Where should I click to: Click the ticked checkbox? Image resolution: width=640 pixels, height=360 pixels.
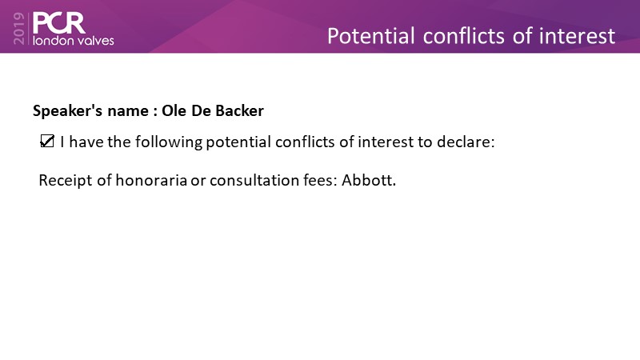point(47,142)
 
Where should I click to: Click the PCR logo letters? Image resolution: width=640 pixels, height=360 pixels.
point(59,23)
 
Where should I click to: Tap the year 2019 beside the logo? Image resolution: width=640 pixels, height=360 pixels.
point(19,28)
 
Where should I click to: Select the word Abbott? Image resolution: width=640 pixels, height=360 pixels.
point(369,180)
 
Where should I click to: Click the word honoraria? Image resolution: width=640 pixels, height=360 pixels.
point(151,180)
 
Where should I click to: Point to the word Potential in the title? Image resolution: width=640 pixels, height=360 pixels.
point(371,36)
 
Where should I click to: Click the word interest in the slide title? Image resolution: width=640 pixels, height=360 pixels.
point(577,36)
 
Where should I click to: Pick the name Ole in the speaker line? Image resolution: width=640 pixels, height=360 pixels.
point(174,110)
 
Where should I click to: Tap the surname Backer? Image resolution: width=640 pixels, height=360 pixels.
point(239,110)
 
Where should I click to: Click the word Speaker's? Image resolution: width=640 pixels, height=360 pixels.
point(68,111)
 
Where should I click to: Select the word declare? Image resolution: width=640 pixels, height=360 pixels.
point(466,142)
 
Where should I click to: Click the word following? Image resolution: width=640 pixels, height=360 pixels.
point(169,142)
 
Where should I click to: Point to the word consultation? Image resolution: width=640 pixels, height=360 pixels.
point(254,180)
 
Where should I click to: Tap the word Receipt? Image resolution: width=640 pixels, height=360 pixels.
point(66,181)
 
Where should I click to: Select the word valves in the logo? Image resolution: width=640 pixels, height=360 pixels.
point(97,41)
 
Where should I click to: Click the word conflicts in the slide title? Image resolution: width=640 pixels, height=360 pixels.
point(463,36)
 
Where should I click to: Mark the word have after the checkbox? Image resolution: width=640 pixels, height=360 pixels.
point(86,142)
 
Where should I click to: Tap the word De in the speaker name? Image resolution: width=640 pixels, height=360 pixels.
point(201,110)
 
